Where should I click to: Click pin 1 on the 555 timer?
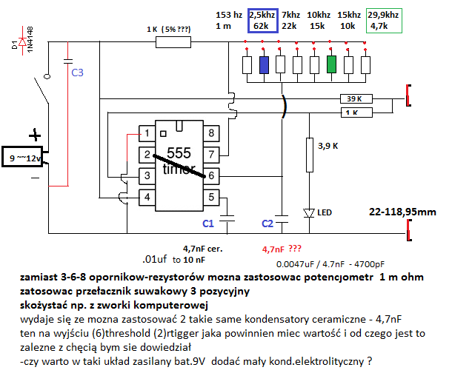click(148, 133)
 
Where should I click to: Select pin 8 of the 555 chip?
click(211, 133)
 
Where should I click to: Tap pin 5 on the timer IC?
click(211, 196)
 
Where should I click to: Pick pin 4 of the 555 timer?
click(148, 196)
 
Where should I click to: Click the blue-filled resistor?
click(264, 64)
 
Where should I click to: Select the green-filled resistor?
click(331, 64)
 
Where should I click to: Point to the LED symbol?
click(308, 212)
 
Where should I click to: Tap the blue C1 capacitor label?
click(208, 222)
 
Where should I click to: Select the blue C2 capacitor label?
click(268, 222)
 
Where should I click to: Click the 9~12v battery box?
click(24, 158)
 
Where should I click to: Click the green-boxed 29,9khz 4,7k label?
click(384, 20)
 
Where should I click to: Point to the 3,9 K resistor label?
click(329, 147)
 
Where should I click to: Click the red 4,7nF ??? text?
click(282, 249)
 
